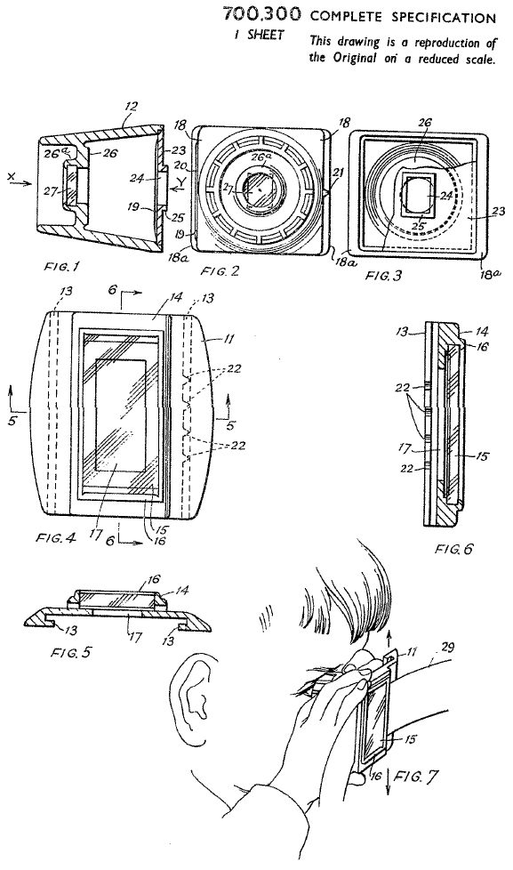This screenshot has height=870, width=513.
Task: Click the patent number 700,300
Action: tap(262, 14)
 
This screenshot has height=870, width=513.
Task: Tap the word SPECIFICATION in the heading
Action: tap(444, 17)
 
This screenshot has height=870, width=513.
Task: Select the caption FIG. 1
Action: tap(61, 267)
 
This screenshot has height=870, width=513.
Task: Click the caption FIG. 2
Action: tap(220, 270)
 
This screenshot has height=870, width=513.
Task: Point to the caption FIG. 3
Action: tap(384, 274)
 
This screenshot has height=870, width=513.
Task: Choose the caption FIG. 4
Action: tap(56, 537)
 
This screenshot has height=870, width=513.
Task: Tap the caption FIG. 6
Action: tap(454, 549)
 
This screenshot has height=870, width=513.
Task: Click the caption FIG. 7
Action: tap(415, 777)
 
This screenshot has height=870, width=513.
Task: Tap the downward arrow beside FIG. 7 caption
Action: tap(387, 781)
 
